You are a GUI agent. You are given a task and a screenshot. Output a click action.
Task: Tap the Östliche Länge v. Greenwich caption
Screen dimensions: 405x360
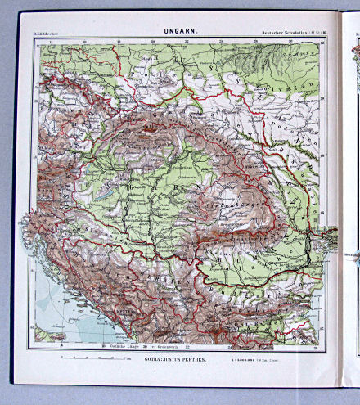135,348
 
